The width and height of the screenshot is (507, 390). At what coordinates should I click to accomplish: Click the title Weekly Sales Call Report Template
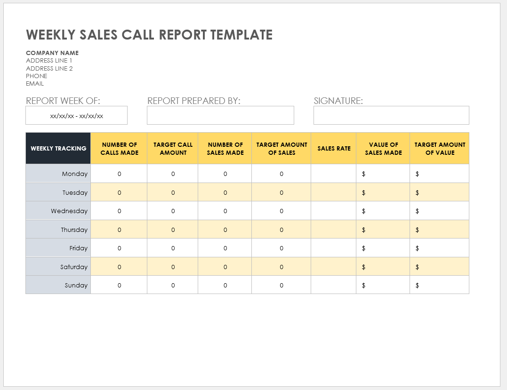click(149, 35)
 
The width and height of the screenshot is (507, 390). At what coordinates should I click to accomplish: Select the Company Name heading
click(52, 53)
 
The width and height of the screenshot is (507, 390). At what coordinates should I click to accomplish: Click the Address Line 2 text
click(49, 68)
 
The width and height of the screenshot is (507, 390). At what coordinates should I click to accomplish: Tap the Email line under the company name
click(35, 84)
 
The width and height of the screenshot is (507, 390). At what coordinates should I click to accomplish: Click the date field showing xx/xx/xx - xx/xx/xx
click(76, 115)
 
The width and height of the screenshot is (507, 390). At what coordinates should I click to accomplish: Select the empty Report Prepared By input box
click(220, 115)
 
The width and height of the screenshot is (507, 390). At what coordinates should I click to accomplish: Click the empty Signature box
click(391, 115)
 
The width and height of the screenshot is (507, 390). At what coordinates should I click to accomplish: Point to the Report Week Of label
click(63, 101)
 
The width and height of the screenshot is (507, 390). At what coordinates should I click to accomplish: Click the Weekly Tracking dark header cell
click(58, 148)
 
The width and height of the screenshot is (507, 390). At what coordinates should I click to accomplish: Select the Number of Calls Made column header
click(119, 148)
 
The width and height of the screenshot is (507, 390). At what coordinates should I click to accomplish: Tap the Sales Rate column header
click(334, 148)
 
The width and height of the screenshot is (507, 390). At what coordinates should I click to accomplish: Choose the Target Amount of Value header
click(440, 148)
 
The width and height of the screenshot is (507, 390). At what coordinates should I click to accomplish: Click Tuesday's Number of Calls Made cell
click(119, 192)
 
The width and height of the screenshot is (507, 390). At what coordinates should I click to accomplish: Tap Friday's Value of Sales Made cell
click(383, 248)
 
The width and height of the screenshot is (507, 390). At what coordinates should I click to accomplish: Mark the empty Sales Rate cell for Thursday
click(334, 230)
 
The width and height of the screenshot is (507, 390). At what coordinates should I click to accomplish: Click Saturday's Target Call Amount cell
click(173, 267)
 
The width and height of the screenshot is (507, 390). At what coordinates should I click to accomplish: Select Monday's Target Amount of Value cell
click(440, 174)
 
